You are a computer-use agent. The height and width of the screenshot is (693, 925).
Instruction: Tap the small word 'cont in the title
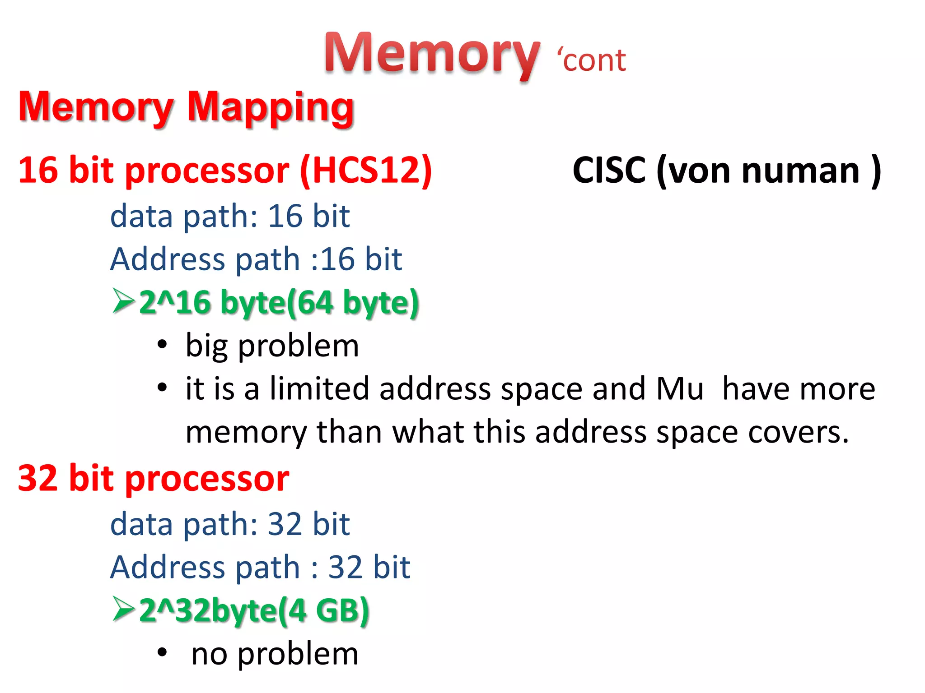click(x=592, y=60)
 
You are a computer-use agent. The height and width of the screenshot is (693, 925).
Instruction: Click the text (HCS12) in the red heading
click(x=366, y=171)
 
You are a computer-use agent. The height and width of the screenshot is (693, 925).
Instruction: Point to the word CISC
click(x=609, y=171)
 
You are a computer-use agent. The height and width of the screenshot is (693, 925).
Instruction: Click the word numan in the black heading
click(x=800, y=171)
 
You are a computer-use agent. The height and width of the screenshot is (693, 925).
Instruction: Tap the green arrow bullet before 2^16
click(x=123, y=301)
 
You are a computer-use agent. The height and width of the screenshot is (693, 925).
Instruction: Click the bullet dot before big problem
click(x=162, y=345)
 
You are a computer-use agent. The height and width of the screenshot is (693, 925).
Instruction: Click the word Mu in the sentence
click(x=680, y=389)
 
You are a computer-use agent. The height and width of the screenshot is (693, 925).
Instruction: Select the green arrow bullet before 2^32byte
click(x=123, y=609)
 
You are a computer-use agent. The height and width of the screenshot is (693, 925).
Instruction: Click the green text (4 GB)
click(x=324, y=610)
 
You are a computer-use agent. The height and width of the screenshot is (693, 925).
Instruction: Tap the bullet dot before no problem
click(x=162, y=652)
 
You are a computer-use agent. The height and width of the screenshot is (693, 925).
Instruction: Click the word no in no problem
click(x=209, y=654)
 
